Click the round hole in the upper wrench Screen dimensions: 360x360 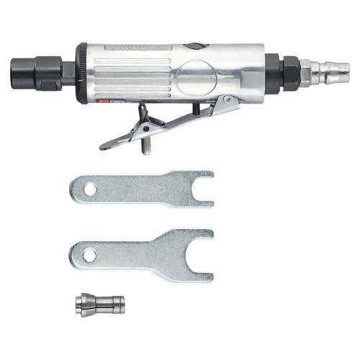(x=90, y=189)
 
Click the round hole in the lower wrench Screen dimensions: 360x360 (x=88, y=255)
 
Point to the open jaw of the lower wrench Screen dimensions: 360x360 (x=204, y=255)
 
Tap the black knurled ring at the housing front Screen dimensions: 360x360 (x=82, y=73)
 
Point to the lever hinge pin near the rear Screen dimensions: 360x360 (x=229, y=99)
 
